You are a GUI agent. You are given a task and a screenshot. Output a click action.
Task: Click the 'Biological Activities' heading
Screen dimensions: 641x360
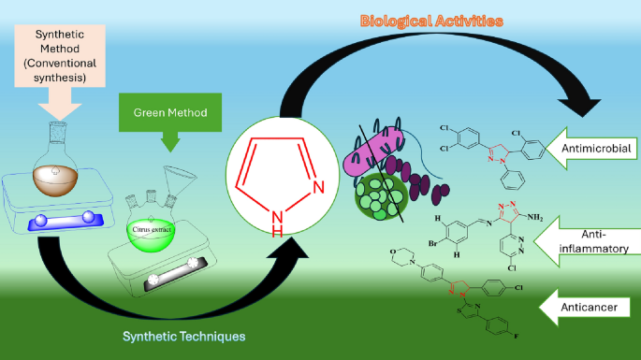(x=431, y=22)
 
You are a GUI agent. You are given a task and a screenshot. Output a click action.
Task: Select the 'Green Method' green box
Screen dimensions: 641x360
(x=170, y=112)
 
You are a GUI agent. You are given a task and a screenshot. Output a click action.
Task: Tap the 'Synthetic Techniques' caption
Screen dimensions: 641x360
(x=184, y=337)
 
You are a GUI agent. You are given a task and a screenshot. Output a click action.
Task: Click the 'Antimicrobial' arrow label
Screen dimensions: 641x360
(x=596, y=148)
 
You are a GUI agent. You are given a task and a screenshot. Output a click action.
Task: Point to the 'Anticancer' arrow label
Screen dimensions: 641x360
(x=590, y=308)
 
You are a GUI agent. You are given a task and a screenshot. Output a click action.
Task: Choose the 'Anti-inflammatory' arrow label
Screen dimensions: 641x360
(x=594, y=241)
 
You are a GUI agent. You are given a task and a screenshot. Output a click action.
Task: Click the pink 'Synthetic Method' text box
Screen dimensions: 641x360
(x=60, y=56)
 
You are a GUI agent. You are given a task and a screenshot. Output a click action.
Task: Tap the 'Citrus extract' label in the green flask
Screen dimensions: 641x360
(x=152, y=229)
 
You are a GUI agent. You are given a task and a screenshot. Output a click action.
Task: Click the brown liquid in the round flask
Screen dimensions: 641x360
(x=55, y=180)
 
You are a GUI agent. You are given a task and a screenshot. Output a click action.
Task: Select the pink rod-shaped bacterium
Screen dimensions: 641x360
(x=373, y=152)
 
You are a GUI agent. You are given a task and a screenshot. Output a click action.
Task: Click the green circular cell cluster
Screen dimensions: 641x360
(x=381, y=197)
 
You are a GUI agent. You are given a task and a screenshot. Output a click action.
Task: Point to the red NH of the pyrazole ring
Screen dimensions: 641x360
(x=277, y=223)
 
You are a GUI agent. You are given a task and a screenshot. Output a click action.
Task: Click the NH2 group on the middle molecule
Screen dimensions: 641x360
(x=534, y=217)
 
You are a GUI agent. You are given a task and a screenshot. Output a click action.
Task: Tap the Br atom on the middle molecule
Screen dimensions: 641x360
(x=433, y=243)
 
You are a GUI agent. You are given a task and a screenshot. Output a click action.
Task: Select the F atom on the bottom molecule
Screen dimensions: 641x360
(x=517, y=336)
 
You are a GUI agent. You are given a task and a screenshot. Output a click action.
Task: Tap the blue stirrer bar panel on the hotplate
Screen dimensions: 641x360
(x=66, y=221)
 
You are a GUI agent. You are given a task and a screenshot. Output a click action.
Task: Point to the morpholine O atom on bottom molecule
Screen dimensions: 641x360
(x=393, y=252)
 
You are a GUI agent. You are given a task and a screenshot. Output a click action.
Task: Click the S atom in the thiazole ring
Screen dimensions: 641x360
(x=459, y=310)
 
